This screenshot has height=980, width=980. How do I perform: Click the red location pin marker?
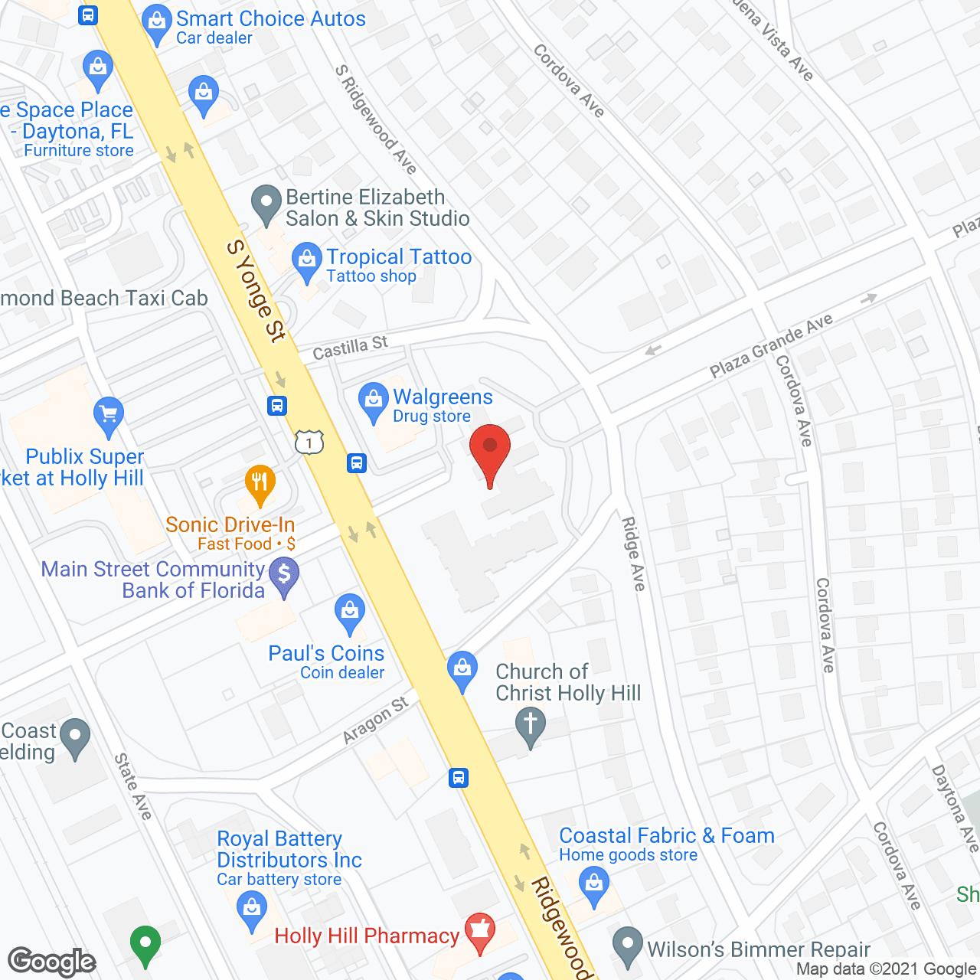(489, 452)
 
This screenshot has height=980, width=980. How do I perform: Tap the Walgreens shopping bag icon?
(373, 401)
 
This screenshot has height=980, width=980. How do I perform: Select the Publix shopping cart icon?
(108, 416)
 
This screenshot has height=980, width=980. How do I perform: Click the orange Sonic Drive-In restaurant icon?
(260, 484)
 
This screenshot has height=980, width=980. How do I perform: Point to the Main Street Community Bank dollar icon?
(284, 575)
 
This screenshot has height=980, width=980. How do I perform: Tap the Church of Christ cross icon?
(530, 725)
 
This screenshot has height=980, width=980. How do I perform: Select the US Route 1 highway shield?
(309, 442)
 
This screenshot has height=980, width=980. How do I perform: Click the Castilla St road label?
(350, 348)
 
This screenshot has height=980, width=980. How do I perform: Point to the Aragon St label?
(375, 720)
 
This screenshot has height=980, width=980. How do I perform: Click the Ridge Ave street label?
(633, 554)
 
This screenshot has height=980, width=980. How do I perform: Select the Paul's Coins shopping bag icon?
(350, 612)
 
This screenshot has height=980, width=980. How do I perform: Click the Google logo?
(51, 962)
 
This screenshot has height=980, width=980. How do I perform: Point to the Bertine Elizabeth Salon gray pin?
(266, 204)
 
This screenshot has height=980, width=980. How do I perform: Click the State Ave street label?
(132, 786)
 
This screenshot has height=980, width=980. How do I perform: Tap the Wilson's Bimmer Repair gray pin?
(628, 946)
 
